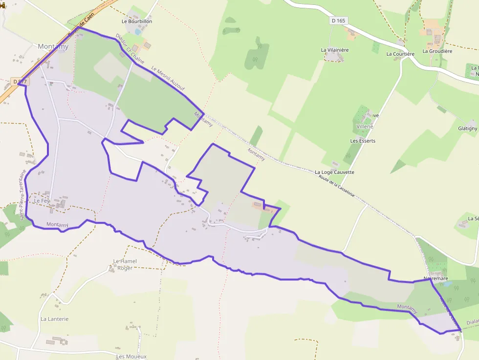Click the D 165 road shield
coord(338,21)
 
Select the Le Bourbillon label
coord(137,21)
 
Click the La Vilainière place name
coord(335,50)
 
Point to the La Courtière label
coord(400,54)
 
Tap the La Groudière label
coord(437,51)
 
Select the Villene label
coord(365,127)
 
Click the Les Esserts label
coord(363,141)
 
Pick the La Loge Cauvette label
coord(335,172)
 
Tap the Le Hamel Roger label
coord(125,264)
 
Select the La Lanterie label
coord(55,319)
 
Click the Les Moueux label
coord(131,356)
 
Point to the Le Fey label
coord(42,201)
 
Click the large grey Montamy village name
coord(53,47)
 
